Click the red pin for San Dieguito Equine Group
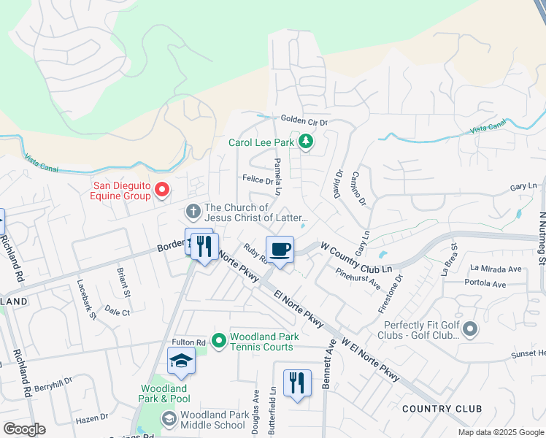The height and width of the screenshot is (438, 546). click(161, 191)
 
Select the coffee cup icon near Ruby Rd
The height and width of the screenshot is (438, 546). click(280, 250)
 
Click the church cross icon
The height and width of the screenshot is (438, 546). click(193, 212)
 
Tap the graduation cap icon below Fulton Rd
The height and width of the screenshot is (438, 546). click(181, 361)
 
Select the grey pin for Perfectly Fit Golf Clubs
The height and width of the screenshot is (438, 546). click(470, 330)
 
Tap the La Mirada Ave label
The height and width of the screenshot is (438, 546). click(496, 269)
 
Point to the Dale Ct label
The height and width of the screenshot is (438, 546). click(117, 312)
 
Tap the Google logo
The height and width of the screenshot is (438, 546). click(24, 429)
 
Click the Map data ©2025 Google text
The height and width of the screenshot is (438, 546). click(500, 432)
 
